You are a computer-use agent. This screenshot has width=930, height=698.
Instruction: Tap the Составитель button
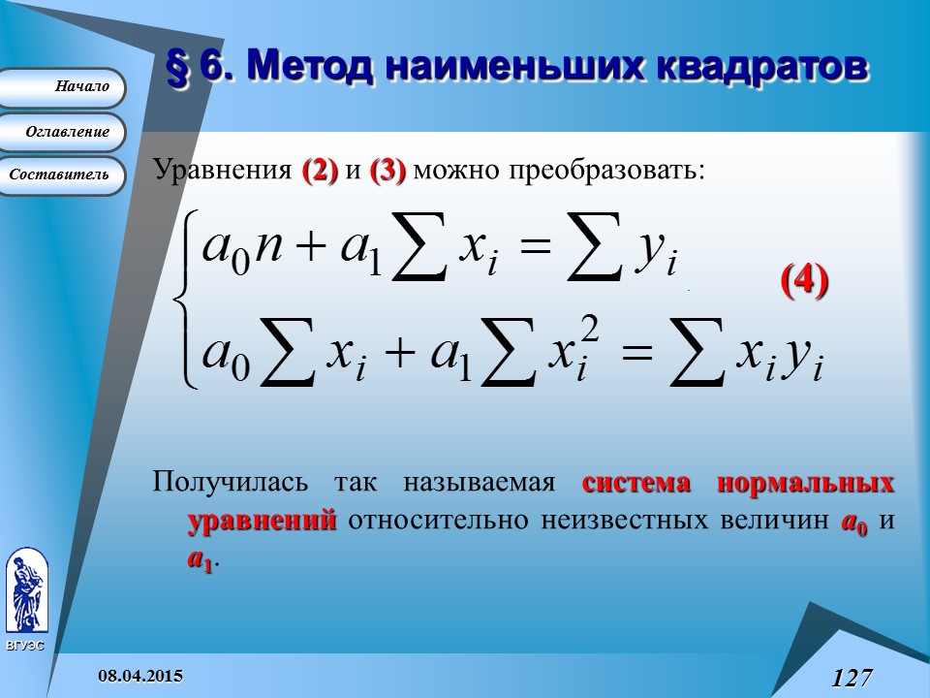click(60, 175)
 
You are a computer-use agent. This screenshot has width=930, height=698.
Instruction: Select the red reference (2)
click(320, 171)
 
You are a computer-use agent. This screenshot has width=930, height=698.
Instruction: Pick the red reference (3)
click(387, 171)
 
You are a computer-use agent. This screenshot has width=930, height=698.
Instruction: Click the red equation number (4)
click(804, 280)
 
